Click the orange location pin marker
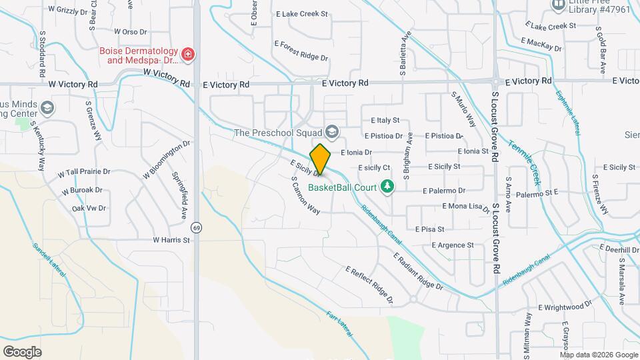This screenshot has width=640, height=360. pyautogui.click(x=321, y=159)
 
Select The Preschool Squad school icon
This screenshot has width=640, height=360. pyautogui.click(x=333, y=133)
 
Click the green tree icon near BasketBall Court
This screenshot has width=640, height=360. pyautogui.click(x=386, y=186)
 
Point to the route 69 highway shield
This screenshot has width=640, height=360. pyautogui.click(x=196, y=227)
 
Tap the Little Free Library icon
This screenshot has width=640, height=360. pyautogui.click(x=558, y=4)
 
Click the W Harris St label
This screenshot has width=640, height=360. pyautogui.click(x=171, y=239)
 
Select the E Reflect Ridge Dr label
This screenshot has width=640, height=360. pyautogui.click(x=369, y=283)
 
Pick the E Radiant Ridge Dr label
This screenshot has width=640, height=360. pyautogui.click(x=418, y=271)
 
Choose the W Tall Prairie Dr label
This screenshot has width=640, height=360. pyautogui.click(x=83, y=172)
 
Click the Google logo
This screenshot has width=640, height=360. pyautogui.click(x=22, y=351)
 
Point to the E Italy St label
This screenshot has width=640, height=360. pyautogui.click(x=385, y=121)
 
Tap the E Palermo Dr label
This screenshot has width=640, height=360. pyautogui.click(x=443, y=191)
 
